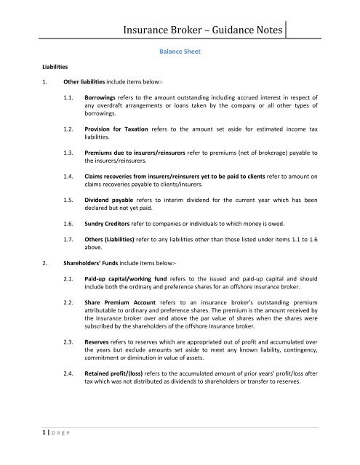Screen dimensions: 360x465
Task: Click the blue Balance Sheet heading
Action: pos(180,52)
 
